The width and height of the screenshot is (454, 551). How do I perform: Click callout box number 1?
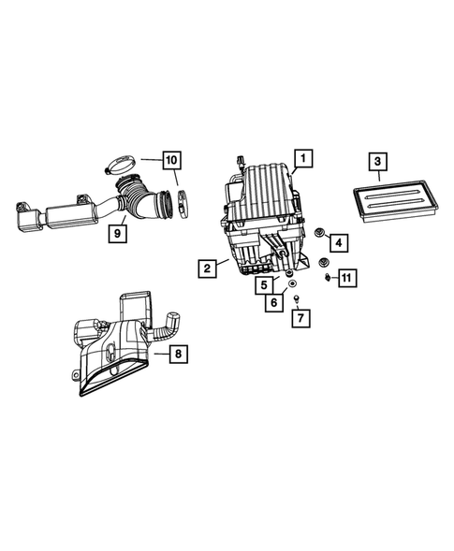point(301,158)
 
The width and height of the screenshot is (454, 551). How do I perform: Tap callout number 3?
point(376,164)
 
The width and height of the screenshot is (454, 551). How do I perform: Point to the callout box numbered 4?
point(340,242)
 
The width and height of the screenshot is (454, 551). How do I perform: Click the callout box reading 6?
point(275,303)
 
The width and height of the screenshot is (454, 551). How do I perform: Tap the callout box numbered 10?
point(171,160)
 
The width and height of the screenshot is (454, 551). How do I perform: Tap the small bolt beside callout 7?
point(295,300)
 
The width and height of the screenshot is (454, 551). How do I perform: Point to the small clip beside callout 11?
point(328,277)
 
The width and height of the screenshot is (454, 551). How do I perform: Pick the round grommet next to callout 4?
point(320,232)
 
